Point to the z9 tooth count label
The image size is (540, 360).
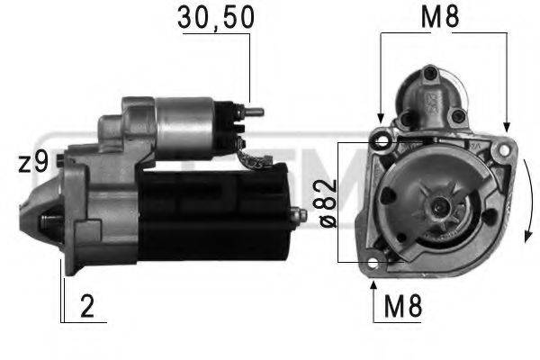click(x=32, y=162)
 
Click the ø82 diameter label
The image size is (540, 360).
click(x=327, y=202)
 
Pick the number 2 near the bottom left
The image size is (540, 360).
click(x=86, y=307)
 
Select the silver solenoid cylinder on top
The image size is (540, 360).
click(x=184, y=126)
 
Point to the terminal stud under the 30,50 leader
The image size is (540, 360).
click(x=254, y=113)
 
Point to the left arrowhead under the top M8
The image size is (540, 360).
click(x=381, y=118)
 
